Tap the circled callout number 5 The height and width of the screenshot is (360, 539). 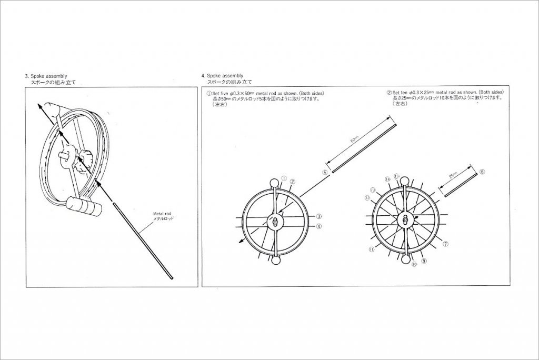coord(325,172)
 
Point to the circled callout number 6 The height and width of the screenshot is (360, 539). coord(483,172)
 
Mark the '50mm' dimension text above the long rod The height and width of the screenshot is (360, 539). coord(354,139)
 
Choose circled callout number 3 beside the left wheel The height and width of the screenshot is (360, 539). coord(319,216)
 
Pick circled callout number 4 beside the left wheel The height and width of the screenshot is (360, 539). coord(319,227)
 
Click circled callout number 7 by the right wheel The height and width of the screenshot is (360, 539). coord(446,244)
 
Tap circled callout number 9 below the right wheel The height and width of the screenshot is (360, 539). coord(424,261)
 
